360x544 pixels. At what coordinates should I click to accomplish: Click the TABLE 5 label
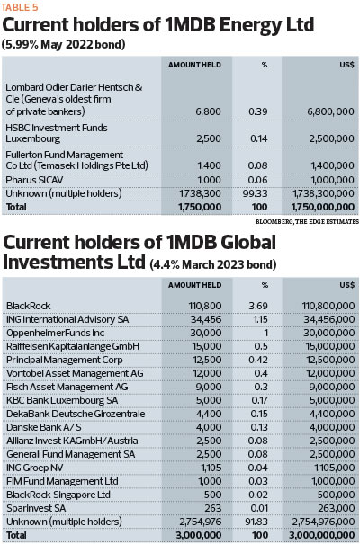pyautogui.click(x=20, y=7)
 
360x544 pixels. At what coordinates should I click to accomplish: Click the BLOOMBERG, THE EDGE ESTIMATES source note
pyautogui.click(x=307, y=221)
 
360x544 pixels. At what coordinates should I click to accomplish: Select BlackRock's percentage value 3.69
pyautogui.click(x=258, y=306)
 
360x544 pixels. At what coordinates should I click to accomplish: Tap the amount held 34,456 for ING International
pyautogui.click(x=206, y=319)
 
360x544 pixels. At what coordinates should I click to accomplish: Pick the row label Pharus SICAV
pyautogui.click(x=34, y=180)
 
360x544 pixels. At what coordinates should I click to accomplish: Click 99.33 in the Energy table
pyautogui.click(x=256, y=193)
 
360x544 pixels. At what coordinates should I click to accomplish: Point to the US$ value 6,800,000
pyautogui.click(x=330, y=111)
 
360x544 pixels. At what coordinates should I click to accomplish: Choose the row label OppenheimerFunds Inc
pyautogui.click(x=55, y=333)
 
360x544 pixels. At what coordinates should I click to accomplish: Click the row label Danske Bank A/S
pyautogui.click(x=44, y=427)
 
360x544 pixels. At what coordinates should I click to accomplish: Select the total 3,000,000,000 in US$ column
pyautogui.click(x=321, y=535)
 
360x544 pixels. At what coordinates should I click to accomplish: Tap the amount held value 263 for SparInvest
pyautogui.click(x=212, y=508)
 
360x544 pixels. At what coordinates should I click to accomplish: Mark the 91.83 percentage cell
pyautogui.click(x=256, y=522)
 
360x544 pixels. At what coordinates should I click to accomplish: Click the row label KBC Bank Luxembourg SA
pyautogui.click(x=62, y=400)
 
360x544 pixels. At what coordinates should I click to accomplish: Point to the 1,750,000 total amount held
pyautogui.click(x=200, y=207)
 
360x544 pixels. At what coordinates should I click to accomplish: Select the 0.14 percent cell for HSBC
pyautogui.click(x=259, y=138)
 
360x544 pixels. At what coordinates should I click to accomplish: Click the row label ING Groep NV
pyautogui.click(x=35, y=468)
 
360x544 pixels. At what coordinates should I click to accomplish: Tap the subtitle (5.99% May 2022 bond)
pyautogui.click(x=64, y=44)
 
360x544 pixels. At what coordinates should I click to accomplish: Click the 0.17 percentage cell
pyautogui.click(x=259, y=400)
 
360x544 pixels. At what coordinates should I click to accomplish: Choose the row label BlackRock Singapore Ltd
pyautogui.click(x=58, y=495)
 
